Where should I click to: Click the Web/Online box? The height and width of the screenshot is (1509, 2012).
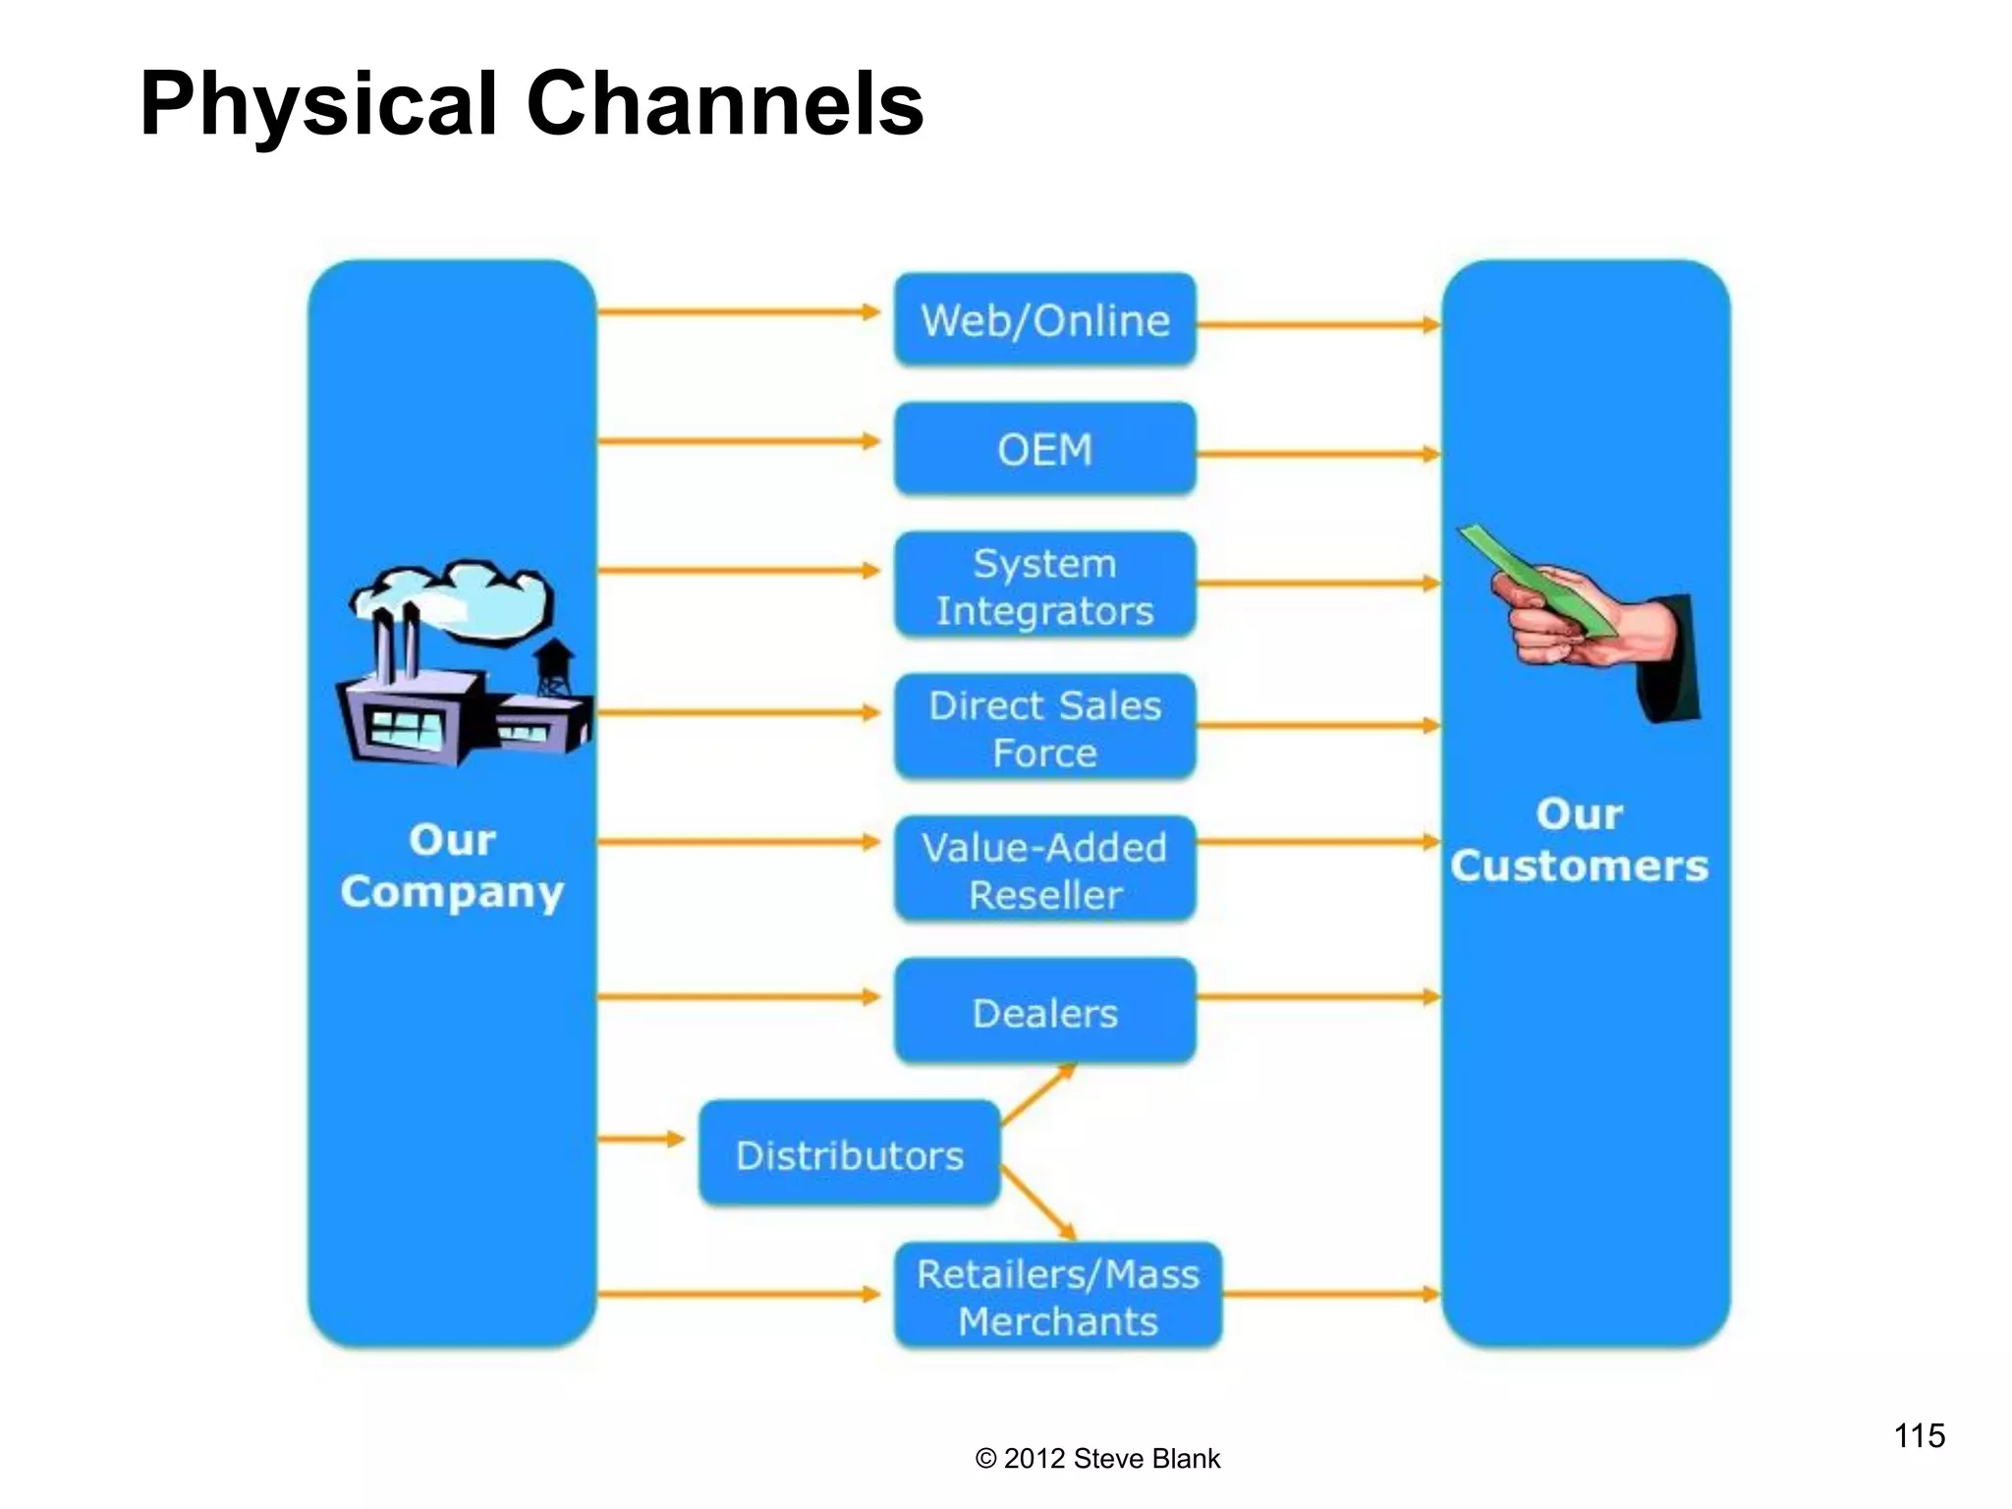click(x=1044, y=320)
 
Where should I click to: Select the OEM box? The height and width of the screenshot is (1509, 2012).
click(x=1044, y=450)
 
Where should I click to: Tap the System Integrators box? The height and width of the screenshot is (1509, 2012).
click(x=1044, y=587)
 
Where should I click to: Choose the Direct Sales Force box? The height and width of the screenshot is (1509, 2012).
click(x=1044, y=728)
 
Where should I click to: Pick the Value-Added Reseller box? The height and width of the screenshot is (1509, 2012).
click(x=1044, y=870)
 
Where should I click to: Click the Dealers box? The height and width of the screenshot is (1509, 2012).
click(x=1044, y=1012)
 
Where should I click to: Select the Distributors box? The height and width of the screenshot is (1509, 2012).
click(x=850, y=1154)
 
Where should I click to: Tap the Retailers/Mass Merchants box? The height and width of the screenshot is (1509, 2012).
click(x=1058, y=1297)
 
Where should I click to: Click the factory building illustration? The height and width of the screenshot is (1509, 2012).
click(x=462, y=668)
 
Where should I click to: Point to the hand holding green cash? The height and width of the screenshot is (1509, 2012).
click(x=1582, y=619)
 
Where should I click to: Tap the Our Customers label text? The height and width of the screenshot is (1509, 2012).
click(x=1579, y=841)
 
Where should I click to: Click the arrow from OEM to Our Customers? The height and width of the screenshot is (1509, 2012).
click(x=1316, y=455)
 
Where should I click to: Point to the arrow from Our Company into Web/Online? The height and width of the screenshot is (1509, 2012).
click(x=737, y=312)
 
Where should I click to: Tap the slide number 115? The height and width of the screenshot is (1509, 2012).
click(x=1919, y=1436)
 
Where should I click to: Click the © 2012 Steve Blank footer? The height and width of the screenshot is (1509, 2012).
click(x=1097, y=1459)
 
